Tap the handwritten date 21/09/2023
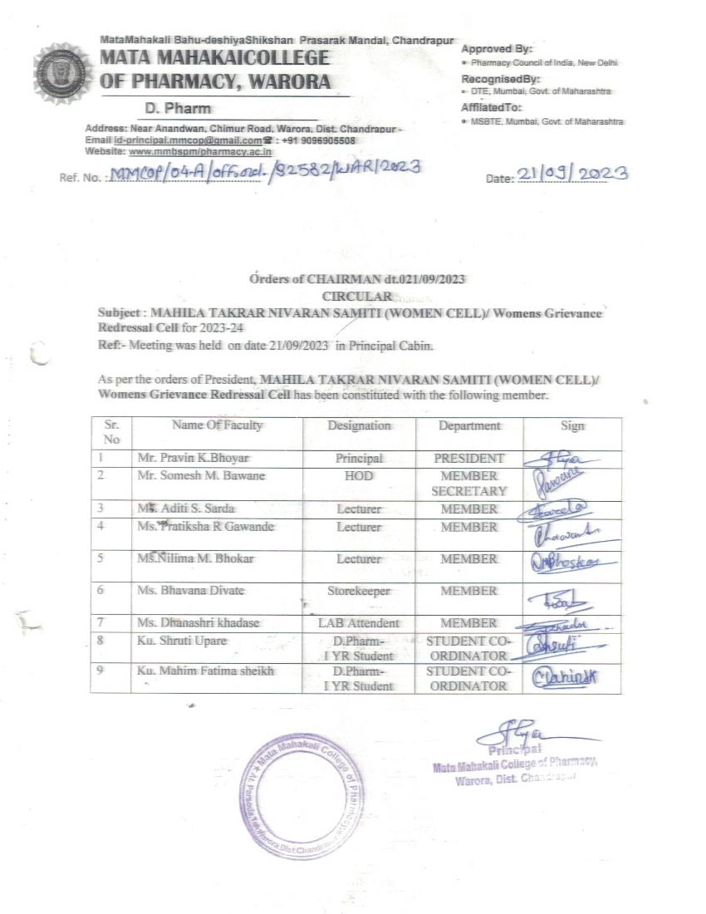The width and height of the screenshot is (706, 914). point(572,173)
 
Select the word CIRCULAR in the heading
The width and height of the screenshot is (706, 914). point(355,295)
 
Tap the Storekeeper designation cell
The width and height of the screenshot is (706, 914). point(359,591)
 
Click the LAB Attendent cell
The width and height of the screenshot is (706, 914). point(359,622)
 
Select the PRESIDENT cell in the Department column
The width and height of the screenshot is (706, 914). point(468,458)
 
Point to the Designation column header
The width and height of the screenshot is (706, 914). point(359,425)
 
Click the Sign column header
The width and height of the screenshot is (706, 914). point(572,425)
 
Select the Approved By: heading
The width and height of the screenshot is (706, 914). point(497,49)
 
